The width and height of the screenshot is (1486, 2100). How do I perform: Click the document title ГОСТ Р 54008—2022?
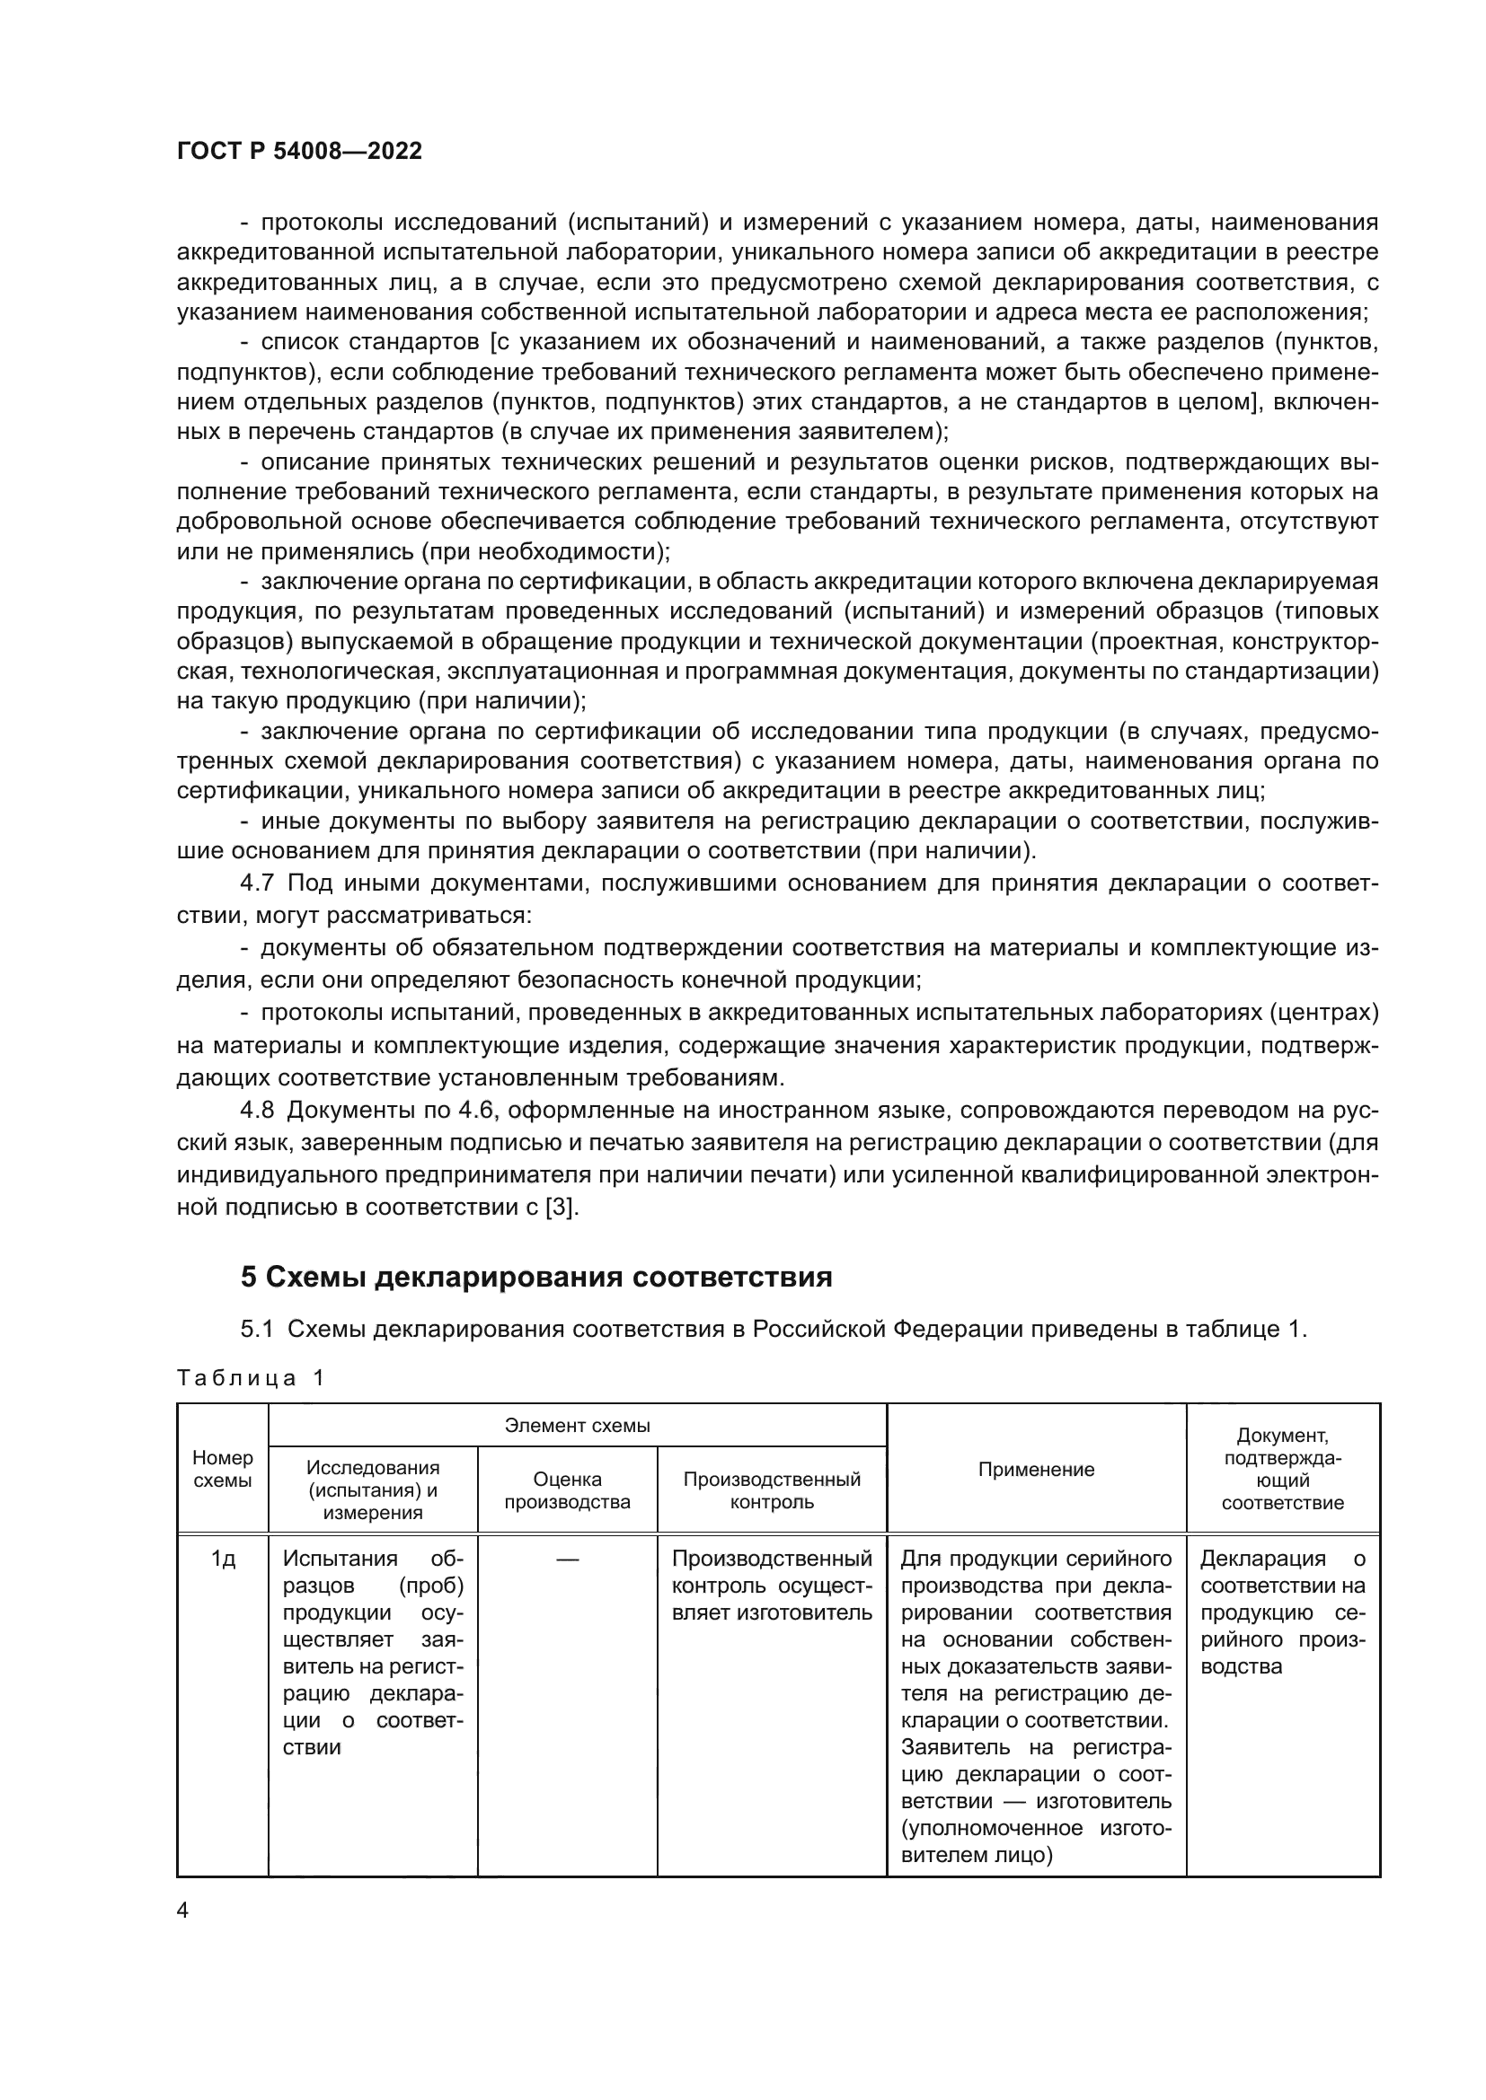coord(299,152)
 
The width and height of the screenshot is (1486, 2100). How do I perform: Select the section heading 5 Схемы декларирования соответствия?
coord(536,1277)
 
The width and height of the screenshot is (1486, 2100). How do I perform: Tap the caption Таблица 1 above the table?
coord(250,1377)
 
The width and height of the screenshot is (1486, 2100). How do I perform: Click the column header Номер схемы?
coord(222,1469)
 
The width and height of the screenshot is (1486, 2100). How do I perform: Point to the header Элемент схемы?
coord(578,1426)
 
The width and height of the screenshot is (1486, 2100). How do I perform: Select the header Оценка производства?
coord(567,1490)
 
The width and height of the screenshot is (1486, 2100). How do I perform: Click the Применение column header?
coord(1036,1469)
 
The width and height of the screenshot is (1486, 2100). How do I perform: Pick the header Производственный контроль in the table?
coord(772,1490)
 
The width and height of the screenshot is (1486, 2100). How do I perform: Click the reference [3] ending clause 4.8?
coord(561,1207)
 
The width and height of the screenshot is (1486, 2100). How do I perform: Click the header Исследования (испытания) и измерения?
coord(373,1490)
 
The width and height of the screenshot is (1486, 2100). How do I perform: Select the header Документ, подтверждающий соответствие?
coord(1282,1469)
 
